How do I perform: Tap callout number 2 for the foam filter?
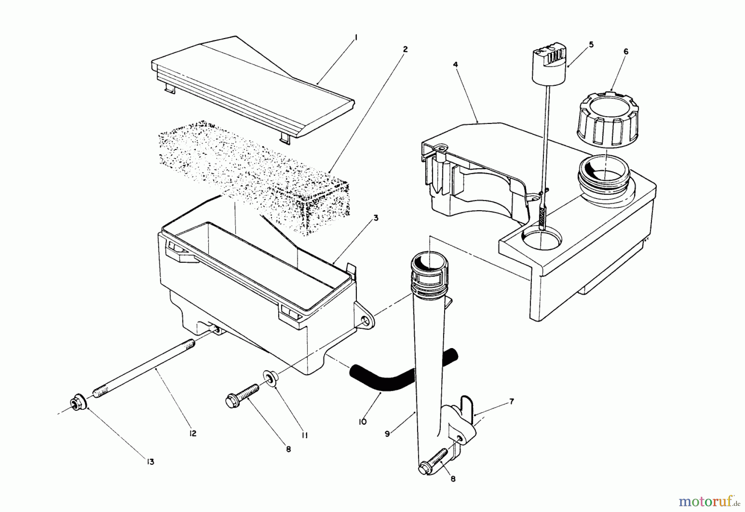tap(405, 49)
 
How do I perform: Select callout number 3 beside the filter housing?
tap(375, 218)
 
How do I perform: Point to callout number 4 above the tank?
tap(455, 64)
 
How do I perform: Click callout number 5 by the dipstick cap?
tap(591, 44)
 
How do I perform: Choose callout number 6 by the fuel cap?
tap(625, 51)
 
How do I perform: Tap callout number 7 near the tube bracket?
tap(512, 401)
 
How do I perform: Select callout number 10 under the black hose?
tap(363, 422)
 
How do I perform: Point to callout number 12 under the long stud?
tap(193, 433)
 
